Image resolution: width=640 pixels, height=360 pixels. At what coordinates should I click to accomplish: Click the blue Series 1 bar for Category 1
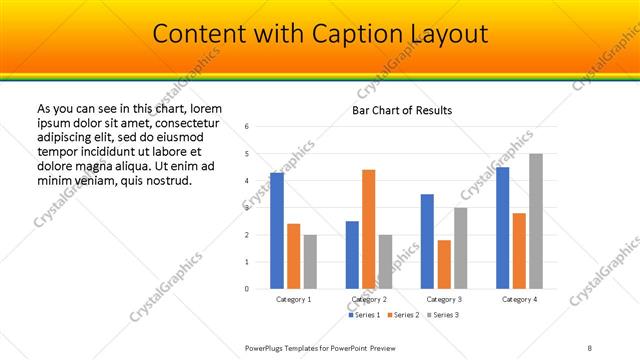277,230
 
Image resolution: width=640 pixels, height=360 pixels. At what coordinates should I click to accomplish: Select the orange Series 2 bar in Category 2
368,229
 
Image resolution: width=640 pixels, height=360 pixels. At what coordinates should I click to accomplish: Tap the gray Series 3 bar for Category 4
535,221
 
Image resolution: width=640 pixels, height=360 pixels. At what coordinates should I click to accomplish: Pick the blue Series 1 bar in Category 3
427,241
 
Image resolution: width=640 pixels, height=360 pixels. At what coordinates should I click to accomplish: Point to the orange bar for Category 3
444,264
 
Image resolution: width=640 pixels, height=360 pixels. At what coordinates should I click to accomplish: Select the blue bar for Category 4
502,227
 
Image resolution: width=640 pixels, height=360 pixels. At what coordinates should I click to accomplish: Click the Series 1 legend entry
365,315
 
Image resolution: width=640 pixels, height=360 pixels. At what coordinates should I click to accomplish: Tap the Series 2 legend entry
403,315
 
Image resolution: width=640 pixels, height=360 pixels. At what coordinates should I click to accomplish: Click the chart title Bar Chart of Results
402,110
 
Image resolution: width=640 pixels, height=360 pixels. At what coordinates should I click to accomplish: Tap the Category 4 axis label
519,299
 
